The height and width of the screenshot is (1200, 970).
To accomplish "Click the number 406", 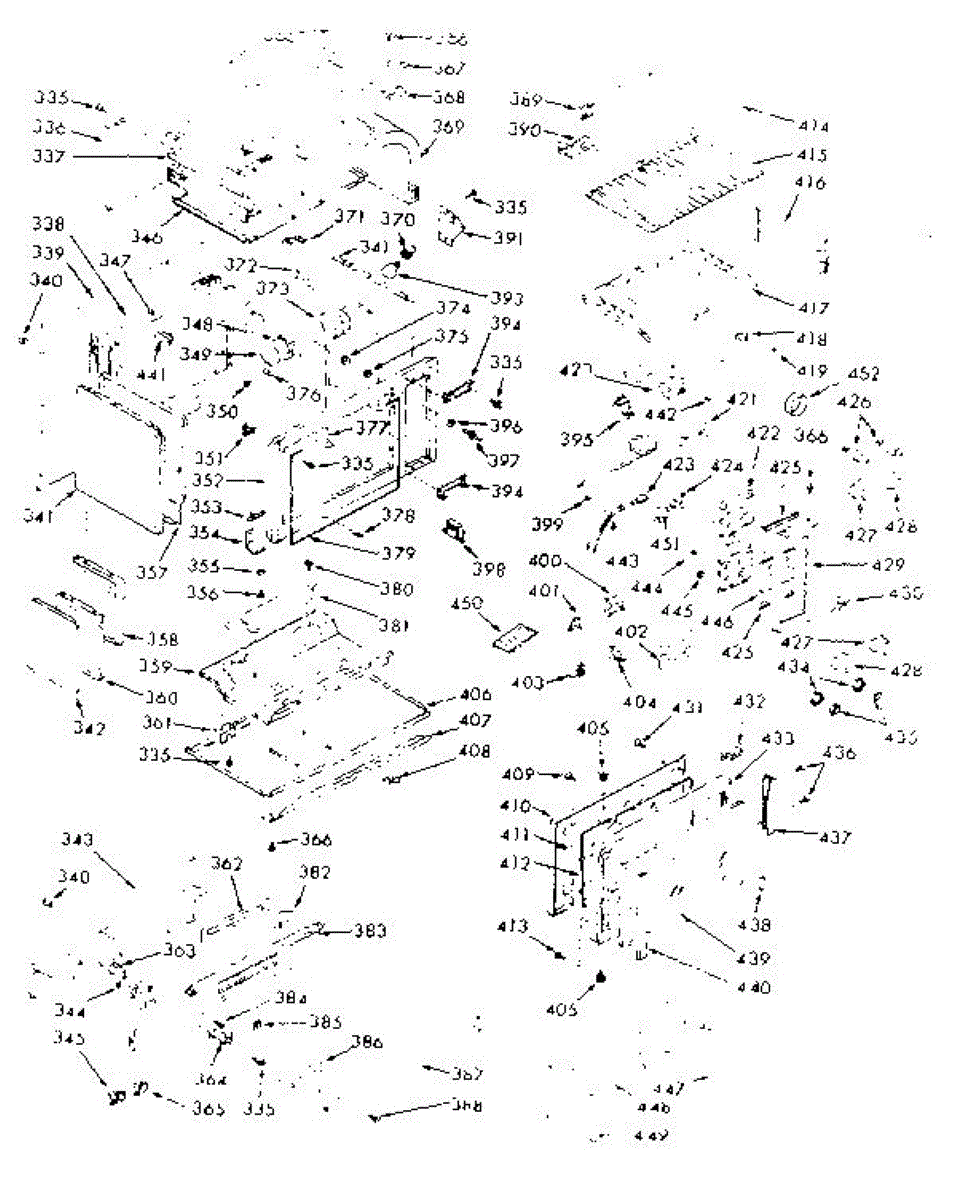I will (476, 694).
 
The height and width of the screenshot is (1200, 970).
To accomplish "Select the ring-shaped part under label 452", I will (798, 405).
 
